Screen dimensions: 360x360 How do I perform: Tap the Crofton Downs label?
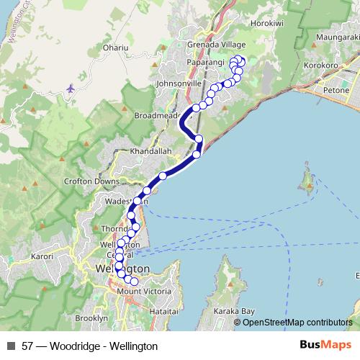(x=91, y=181)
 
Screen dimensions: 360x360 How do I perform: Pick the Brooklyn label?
(x=91, y=318)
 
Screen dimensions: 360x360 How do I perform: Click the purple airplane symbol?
(x=69, y=88)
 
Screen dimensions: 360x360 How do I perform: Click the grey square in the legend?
(x=10, y=346)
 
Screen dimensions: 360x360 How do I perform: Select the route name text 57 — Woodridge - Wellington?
(x=90, y=346)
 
